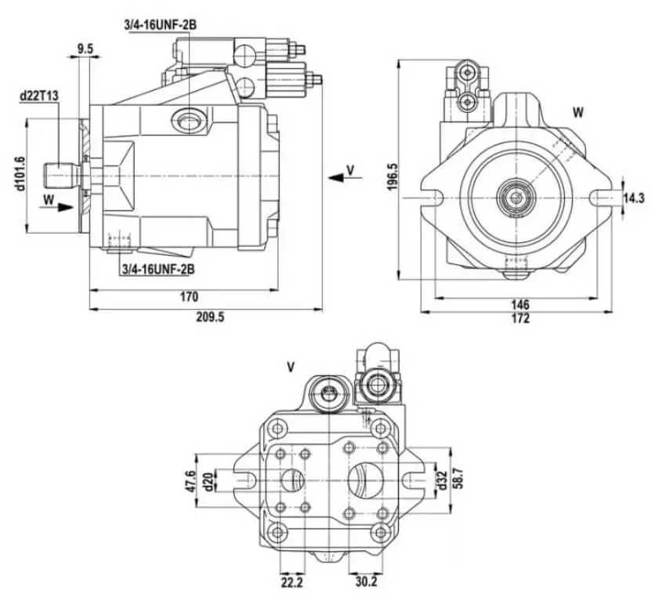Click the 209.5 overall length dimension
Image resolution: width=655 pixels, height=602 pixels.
[210, 317]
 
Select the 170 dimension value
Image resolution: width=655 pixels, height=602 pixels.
[189, 297]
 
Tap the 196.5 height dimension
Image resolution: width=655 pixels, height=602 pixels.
[393, 177]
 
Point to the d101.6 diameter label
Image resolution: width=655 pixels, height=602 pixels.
[20, 174]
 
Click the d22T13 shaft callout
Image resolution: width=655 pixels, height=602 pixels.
[39, 96]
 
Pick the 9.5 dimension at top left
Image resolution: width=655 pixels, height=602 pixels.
[85, 49]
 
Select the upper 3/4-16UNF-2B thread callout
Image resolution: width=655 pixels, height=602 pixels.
[160, 25]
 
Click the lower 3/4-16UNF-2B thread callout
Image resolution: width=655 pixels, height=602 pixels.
[158, 269]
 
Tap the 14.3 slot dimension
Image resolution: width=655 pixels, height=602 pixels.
[634, 198]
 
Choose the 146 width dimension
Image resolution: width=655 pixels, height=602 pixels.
[520, 304]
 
